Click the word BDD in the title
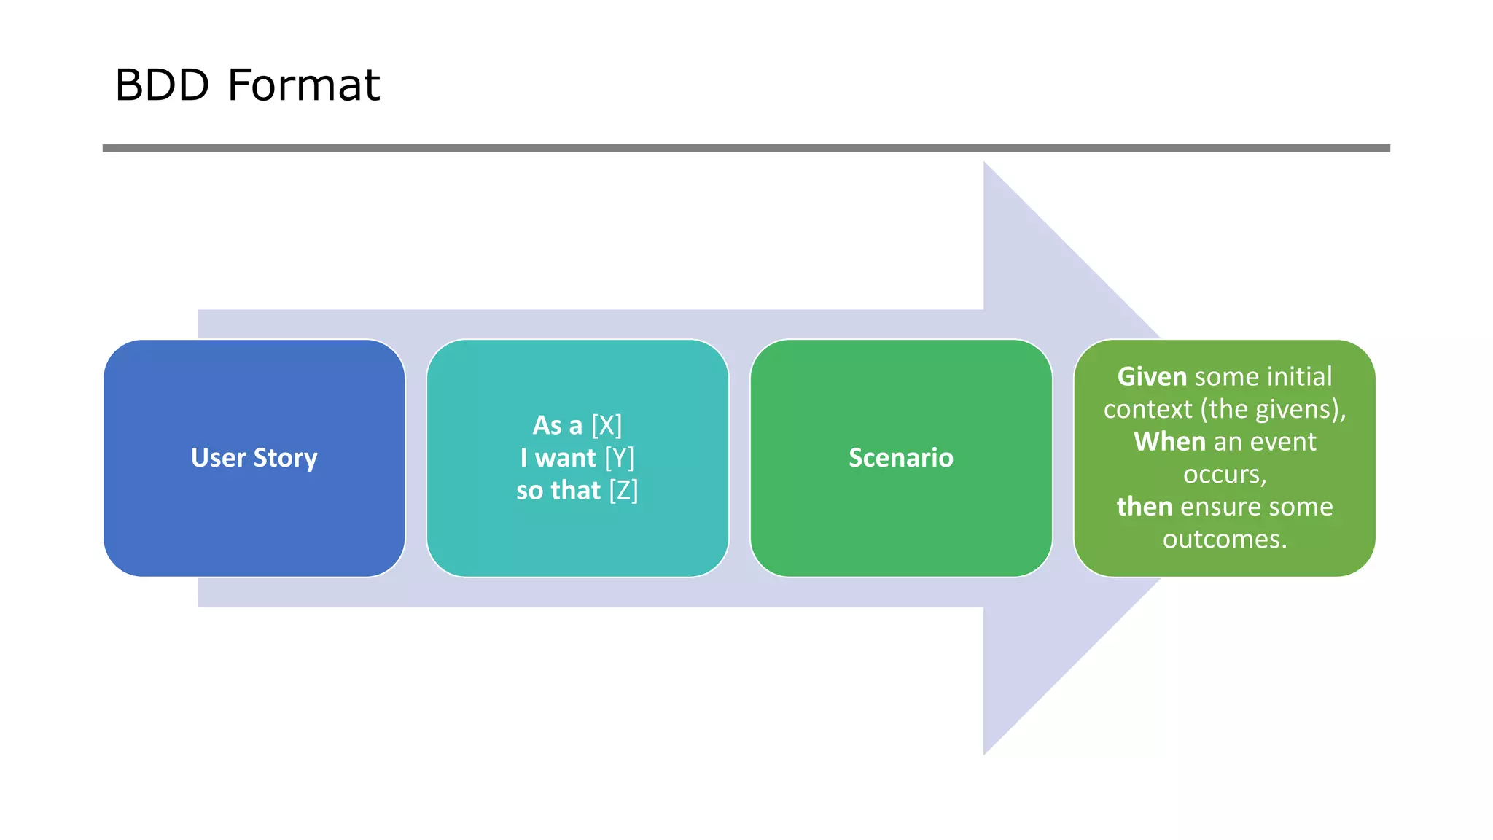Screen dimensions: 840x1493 pos(162,85)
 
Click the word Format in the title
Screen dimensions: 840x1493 pos(303,85)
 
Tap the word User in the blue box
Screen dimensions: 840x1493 pos(218,458)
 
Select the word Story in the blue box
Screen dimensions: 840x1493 pos(285,459)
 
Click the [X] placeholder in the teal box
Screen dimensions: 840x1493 pos(607,425)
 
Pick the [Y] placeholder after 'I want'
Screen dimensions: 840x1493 pos(620,458)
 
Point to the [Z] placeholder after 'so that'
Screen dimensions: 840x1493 pos(623,491)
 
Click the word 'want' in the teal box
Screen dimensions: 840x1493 pos(566,458)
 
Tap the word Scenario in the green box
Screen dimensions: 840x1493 pos(900,458)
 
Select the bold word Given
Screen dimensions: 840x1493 pos(1152,377)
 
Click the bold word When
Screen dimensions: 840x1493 pos(1169,442)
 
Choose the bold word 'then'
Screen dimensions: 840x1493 pos(1144,507)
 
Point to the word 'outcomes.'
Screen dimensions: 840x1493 pos(1225,540)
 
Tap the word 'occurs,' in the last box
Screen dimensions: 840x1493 pos(1225,475)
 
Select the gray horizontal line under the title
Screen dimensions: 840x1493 pos(746,148)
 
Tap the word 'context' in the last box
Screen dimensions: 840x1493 pos(1147,410)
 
